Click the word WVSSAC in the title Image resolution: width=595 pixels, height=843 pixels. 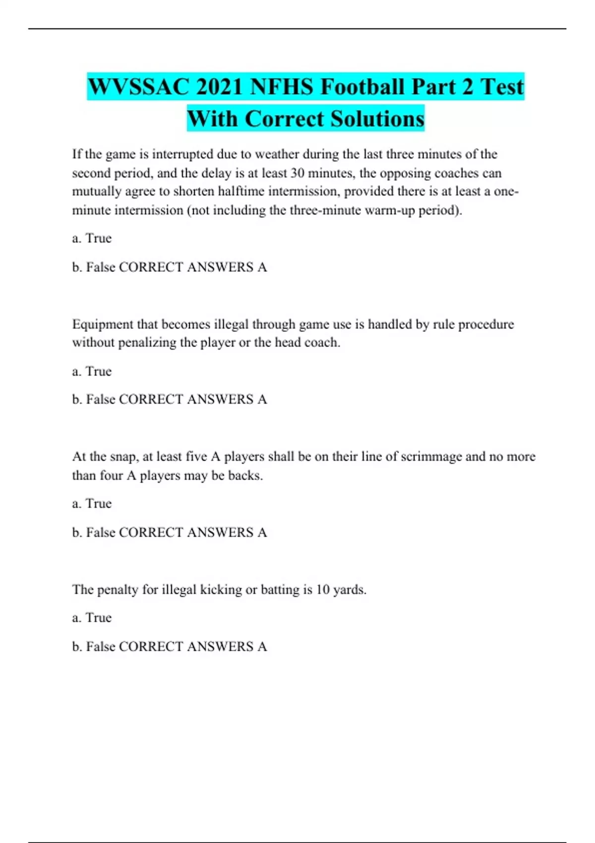[139, 87]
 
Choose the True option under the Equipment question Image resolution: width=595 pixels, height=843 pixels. [98, 371]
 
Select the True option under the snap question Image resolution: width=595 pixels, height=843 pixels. [98, 504]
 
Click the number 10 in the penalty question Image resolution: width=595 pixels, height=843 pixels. [323, 590]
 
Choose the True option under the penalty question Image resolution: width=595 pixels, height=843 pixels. [98, 618]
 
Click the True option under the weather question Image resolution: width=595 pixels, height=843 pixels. [98, 239]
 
